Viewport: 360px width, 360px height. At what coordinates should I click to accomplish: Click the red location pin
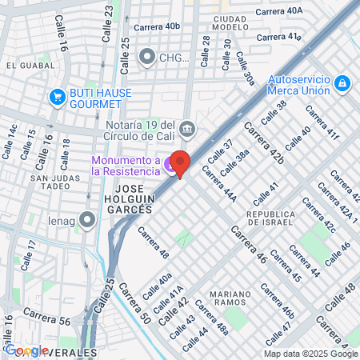tap(181, 164)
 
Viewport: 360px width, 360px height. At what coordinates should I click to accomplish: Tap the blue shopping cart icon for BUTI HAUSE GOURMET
tap(56, 98)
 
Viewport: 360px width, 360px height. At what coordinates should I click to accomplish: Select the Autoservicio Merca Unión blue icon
tap(342, 82)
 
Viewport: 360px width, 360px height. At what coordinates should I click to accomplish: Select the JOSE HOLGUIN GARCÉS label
tap(128, 203)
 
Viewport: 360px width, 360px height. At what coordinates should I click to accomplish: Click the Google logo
tap(26, 350)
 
